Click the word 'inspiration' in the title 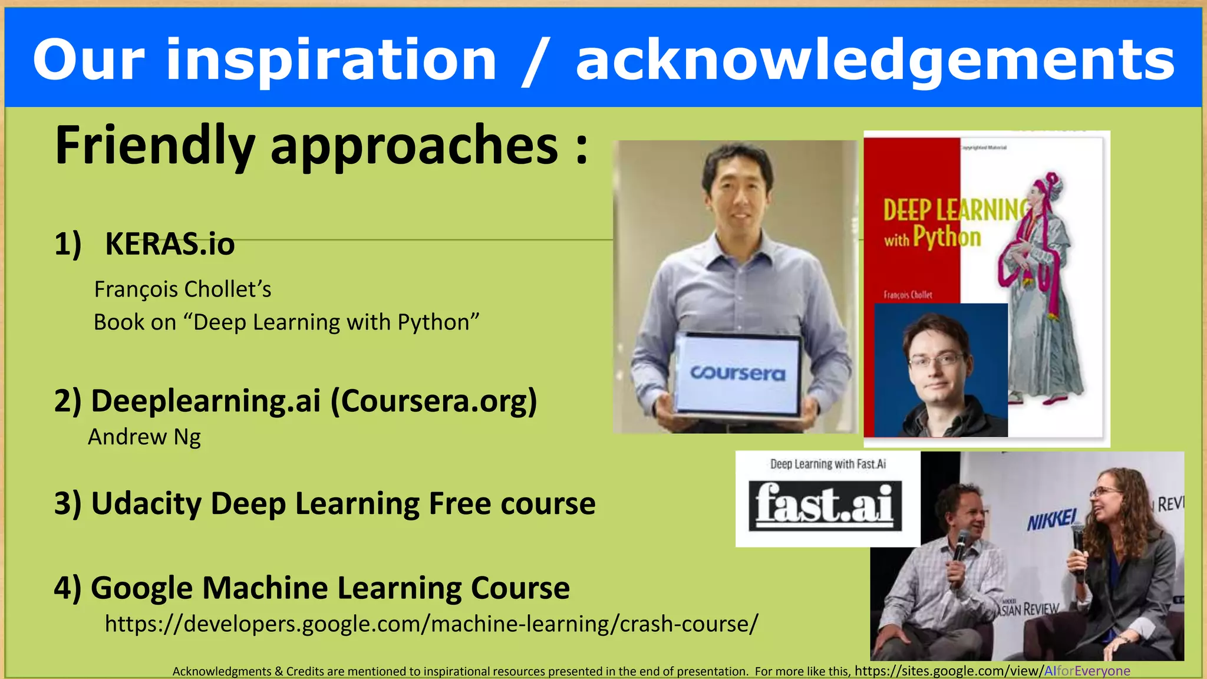[331, 60]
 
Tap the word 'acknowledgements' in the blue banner [875, 60]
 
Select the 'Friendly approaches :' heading [321, 146]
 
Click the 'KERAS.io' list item [170, 244]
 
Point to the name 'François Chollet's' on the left [183, 289]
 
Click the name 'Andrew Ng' [144, 437]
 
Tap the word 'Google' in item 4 [141, 588]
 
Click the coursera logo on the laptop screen [737, 374]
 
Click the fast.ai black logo [825, 505]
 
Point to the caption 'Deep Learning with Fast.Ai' [827, 464]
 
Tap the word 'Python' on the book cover [947, 237]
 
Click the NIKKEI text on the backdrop [1052, 519]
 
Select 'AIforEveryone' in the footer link [1087, 671]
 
